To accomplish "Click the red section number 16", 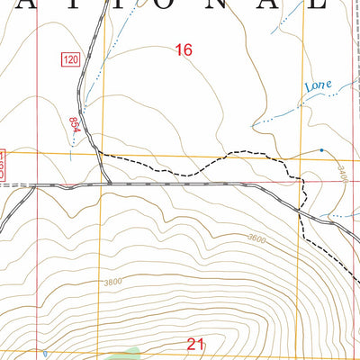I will [x=184, y=50].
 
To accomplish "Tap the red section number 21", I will [x=196, y=343].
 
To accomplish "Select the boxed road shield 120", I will [x=71, y=59].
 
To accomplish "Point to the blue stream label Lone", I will [x=318, y=86].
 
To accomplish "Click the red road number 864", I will [x=75, y=125].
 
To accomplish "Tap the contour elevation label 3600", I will [x=256, y=238].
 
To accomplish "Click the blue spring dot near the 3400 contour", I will [x=320, y=150].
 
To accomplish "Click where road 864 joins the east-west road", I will [x=110, y=184].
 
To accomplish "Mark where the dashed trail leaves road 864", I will [x=99, y=154].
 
